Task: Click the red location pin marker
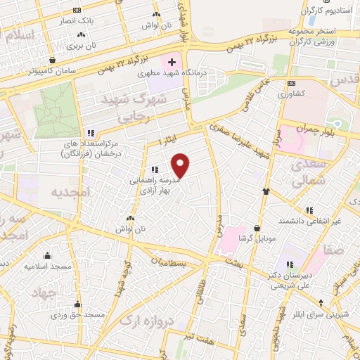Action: point(181,165)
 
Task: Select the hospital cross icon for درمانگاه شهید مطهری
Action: point(172,63)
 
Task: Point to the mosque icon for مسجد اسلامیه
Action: point(48,255)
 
